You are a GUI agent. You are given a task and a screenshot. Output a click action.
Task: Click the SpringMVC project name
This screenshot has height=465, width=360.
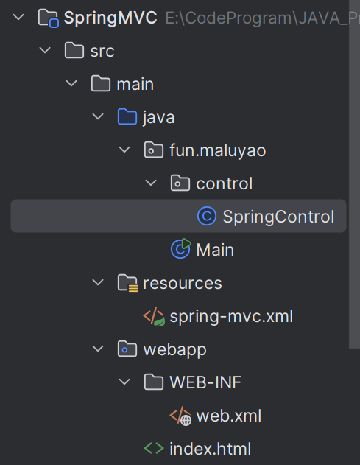(110, 18)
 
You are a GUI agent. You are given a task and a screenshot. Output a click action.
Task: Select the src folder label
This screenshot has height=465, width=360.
(102, 52)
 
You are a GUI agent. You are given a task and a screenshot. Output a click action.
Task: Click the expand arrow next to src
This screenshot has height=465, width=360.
(45, 50)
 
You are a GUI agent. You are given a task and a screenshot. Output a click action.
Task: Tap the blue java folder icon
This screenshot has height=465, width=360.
(127, 116)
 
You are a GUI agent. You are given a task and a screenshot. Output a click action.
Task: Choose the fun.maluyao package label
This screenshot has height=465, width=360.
(218, 150)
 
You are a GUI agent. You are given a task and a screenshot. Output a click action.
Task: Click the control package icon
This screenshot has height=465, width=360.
(180, 183)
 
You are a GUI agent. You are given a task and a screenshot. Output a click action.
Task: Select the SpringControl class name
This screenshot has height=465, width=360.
(278, 217)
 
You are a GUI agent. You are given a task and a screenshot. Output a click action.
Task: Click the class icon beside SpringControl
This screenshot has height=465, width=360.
(207, 216)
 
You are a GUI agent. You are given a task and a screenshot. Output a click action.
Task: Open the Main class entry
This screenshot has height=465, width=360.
(215, 250)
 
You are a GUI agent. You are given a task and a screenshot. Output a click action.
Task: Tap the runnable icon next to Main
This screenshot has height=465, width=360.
(181, 248)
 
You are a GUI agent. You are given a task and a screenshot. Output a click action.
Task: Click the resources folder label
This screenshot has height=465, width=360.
(183, 283)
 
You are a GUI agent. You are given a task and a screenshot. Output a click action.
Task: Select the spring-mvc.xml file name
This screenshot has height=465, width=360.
(231, 316)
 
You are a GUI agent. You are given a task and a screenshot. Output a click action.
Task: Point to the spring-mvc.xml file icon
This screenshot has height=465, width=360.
(154, 317)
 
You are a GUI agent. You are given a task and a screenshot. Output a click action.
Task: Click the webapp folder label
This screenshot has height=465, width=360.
(174, 350)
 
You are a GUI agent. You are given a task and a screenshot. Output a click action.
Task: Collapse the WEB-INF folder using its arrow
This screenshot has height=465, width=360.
(124, 382)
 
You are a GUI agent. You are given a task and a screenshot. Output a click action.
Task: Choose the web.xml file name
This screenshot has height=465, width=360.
(229, 416)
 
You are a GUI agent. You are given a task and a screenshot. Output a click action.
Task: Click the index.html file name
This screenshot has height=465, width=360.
(211, 449)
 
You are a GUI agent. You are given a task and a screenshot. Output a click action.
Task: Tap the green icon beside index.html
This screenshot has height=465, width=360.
(154, 448)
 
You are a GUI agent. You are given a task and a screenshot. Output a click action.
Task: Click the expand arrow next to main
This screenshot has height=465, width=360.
(71, 83)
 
